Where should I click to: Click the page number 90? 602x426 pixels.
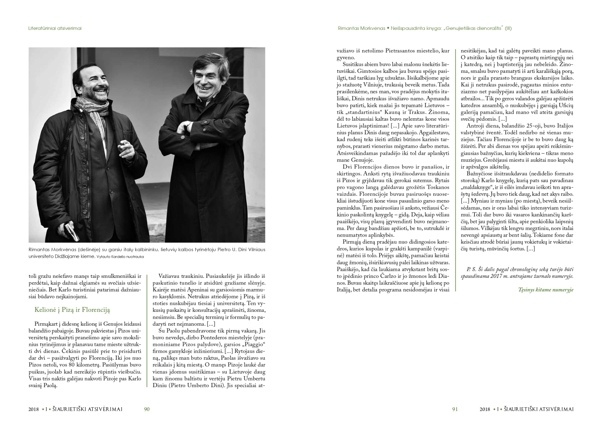click(147, 409)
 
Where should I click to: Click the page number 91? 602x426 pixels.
click(455, 409)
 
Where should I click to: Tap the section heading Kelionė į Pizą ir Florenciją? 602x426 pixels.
click(72, 310)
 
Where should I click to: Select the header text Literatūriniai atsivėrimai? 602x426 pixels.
click(55, 28)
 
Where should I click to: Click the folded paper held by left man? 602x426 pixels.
click(72, 231)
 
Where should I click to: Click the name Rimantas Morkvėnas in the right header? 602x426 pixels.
click(361, 28)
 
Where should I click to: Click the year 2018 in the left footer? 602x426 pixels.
click(34, 409)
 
